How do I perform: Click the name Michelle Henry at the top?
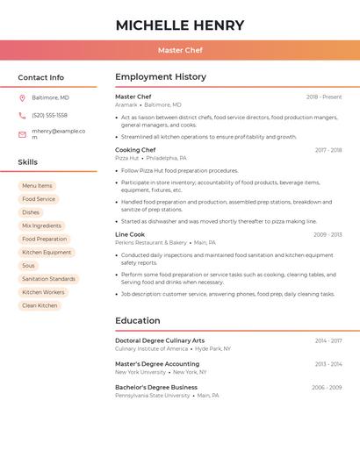coord(180,25)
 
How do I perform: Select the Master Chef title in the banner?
coord(180,50)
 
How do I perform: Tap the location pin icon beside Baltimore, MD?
coord(22,97)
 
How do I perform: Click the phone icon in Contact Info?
coord(22,115)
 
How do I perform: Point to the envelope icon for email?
coord(22,134)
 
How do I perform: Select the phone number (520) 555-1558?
coord(49,115)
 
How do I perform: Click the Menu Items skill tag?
coord(37,186)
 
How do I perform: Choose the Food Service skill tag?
coord(39,199)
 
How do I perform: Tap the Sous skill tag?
coord(29,265)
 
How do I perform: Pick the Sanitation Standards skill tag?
coord(48,279)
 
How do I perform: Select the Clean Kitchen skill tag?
coord(40,305)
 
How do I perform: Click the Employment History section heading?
coord(161,77)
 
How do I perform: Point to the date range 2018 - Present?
coord(324,97)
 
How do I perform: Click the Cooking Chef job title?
coord(135,150)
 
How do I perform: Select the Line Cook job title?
coord(130,234)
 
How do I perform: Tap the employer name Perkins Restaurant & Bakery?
coord(151,242)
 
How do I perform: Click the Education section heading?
coord(138,320)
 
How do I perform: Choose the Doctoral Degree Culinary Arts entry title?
coord(160,340)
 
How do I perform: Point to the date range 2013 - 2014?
coord(328,364)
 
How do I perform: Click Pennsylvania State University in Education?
coord(152,395)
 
